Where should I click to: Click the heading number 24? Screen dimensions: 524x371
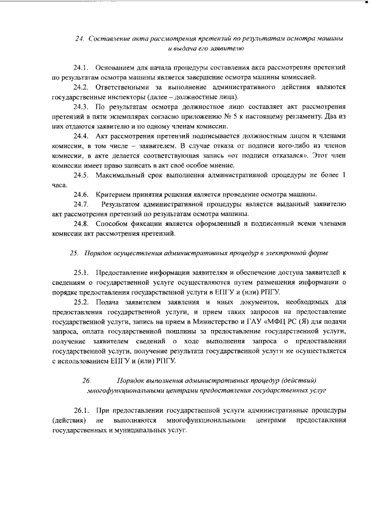tap(79, 38)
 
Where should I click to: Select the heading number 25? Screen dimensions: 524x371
tap(74, 253)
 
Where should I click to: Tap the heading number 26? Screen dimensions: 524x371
tap(86, 380)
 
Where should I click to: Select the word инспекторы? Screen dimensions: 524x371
tap(114, 97)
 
